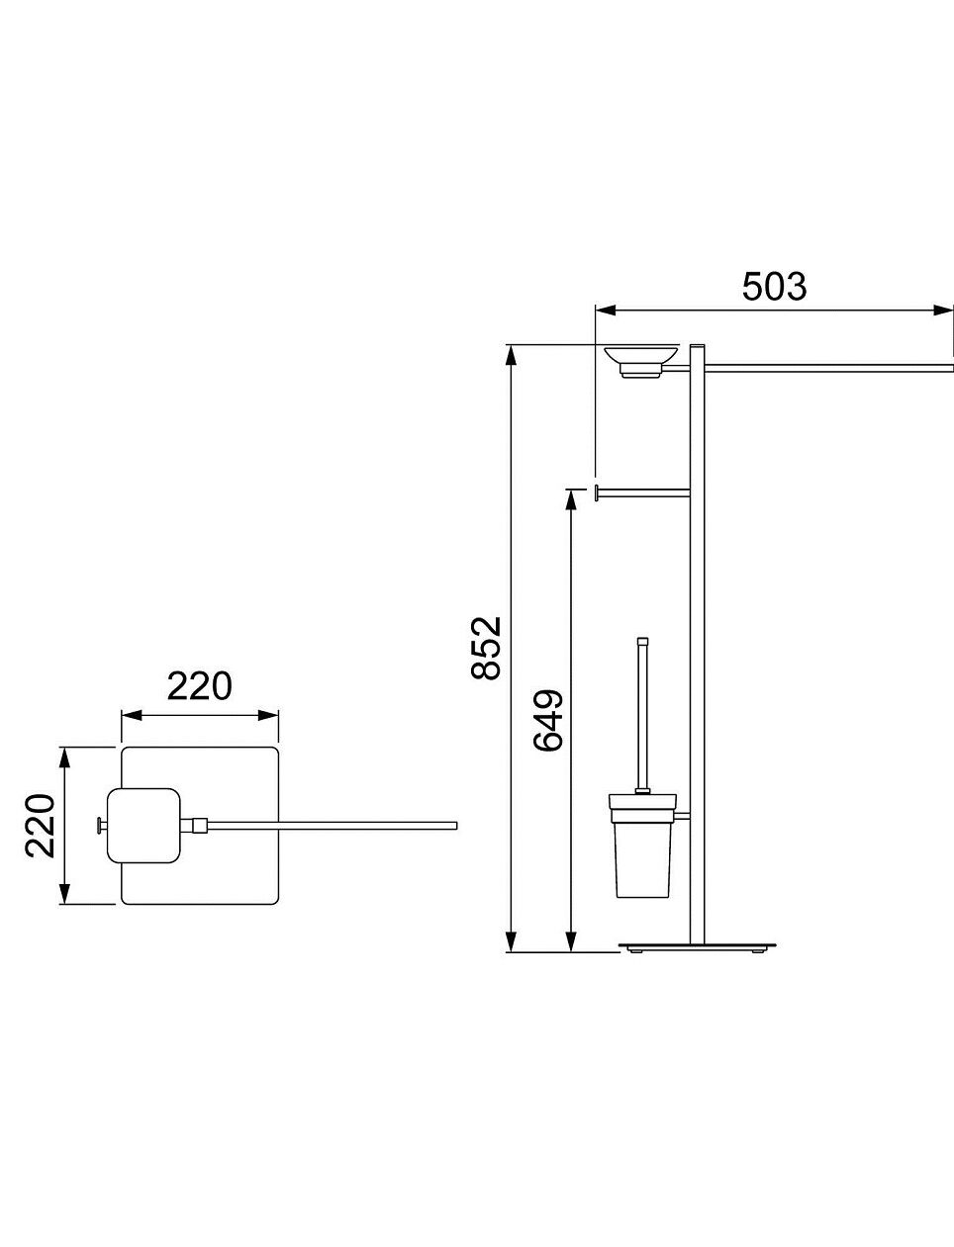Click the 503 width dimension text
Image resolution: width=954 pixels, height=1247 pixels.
[774, 287]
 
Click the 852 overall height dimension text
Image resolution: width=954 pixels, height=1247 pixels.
[486, 648]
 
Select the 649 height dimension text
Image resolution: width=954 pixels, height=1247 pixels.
[548, 720]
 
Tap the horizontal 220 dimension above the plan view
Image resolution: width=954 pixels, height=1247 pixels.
[200, 685]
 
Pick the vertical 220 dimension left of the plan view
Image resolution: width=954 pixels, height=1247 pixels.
[40, 826]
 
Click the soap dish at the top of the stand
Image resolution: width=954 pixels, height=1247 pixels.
[641, 361]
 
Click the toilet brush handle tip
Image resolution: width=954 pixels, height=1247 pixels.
[643, 640]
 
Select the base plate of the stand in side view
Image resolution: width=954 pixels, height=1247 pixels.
[698, 945]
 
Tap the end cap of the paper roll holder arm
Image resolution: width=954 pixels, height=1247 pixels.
[597, 492]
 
